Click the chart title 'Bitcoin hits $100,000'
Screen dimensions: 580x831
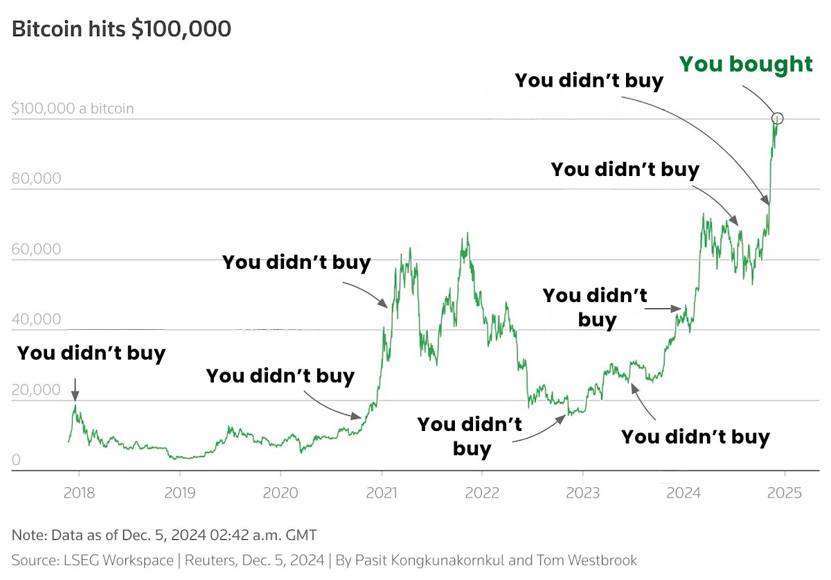(121, 30)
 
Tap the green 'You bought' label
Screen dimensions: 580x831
(745, 64)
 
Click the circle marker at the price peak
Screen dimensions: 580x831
(777, 118)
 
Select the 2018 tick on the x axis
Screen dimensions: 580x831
(78, 493)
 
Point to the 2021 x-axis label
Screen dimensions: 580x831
(381, 493)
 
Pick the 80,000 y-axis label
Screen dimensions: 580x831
(36, 179)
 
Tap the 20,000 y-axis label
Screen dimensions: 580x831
(36, 390)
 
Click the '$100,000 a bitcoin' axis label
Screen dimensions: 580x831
(73, 109)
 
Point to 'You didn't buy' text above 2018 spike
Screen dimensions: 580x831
(91, 353)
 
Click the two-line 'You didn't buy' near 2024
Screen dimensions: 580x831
(596, 308)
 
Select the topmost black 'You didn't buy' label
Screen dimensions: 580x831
(589, 81)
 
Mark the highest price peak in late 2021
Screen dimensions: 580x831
(468, 234)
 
